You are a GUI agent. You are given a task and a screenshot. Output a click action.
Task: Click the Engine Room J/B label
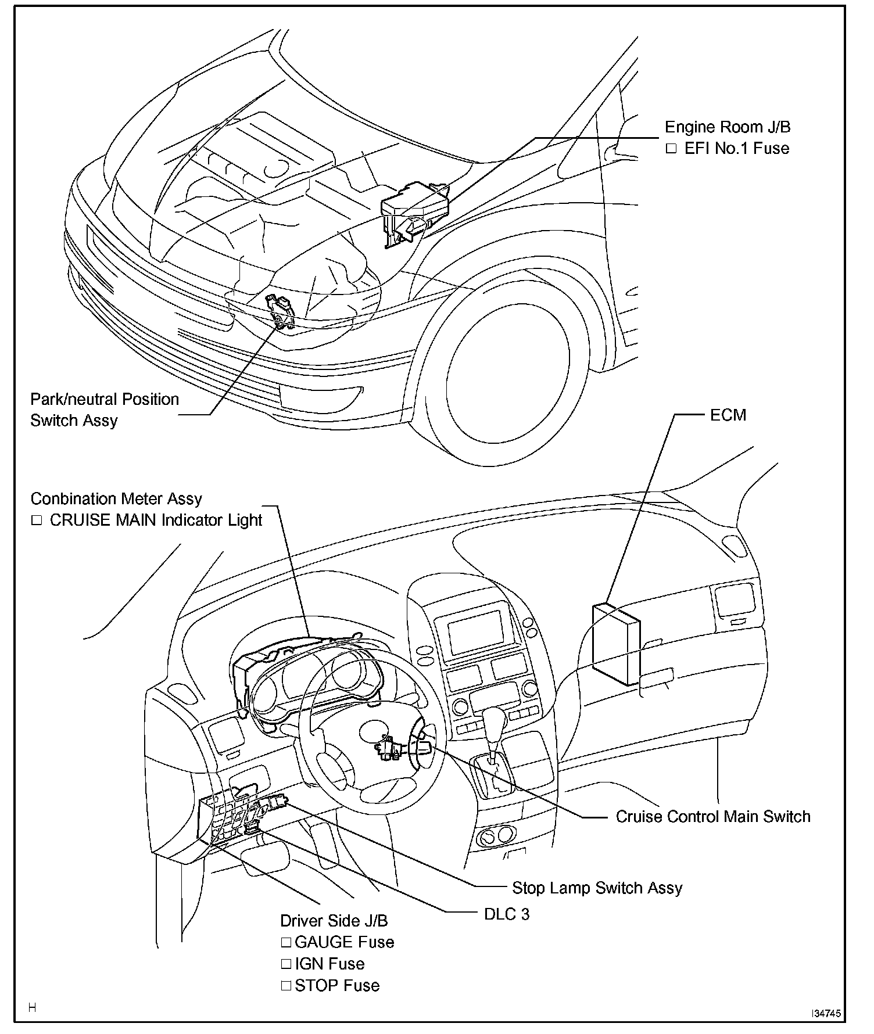[x=728, y=127]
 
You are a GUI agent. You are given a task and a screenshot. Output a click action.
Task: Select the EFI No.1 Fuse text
[x=736, y=149]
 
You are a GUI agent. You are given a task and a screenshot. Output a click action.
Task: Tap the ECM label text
[x=728, y=415]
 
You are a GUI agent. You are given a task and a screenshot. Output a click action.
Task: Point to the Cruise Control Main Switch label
[x=712, y=816]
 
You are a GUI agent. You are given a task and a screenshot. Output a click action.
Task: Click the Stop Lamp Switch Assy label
[x=597, y=888]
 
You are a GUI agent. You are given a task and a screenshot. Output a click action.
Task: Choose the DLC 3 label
[x=507, y=914]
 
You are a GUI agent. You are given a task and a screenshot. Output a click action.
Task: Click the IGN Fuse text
[x=329, y=964]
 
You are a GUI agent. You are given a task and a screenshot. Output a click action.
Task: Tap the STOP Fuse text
[x=337, y=985]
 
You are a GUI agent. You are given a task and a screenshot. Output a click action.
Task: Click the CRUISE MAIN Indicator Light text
[x=156, y=520]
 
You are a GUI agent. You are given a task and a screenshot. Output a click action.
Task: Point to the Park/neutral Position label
[x=105, y=400]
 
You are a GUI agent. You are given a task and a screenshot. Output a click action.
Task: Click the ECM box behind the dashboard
[x=615, y=645]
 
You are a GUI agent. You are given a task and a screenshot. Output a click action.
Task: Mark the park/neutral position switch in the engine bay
[x=280, y=312]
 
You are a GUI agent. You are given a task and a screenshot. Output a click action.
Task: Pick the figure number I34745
[x=826, y=1014]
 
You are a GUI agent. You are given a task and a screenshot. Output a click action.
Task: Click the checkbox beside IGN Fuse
[x=286, y=964]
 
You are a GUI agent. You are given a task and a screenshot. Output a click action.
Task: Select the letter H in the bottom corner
[x=33, y=1008]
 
